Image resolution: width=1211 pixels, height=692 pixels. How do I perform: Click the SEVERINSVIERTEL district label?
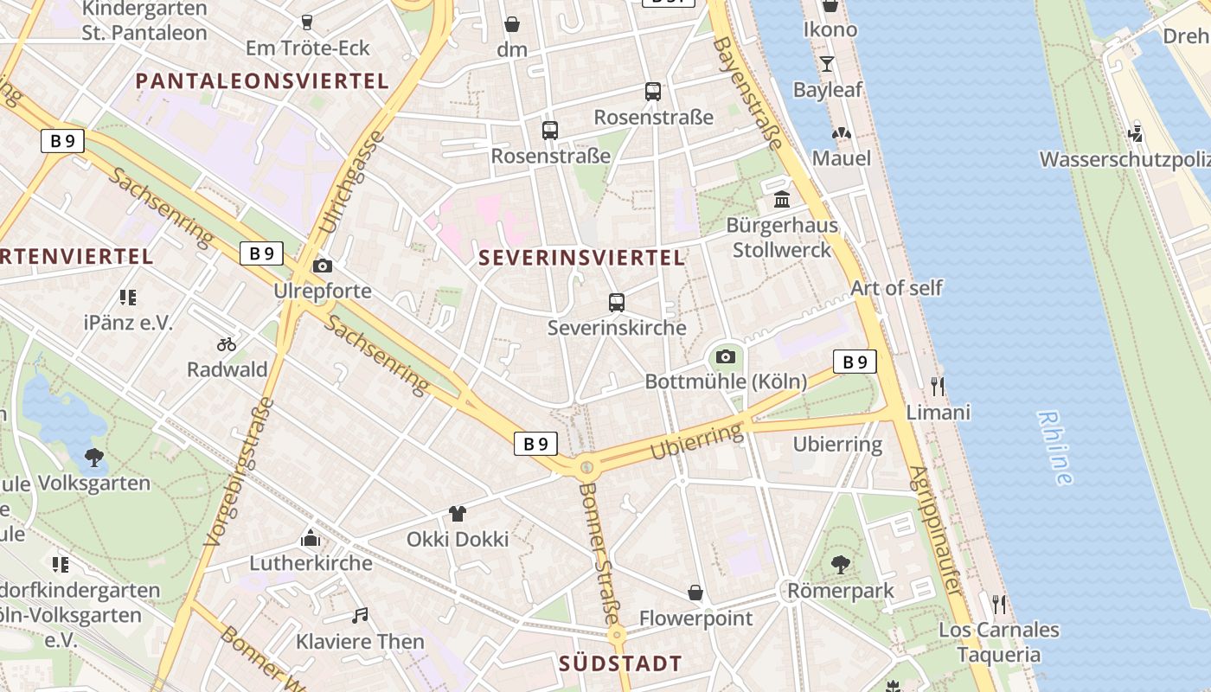(x=581, y=258)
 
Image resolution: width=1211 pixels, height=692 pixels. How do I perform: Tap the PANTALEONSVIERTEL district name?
(x=262, y=81)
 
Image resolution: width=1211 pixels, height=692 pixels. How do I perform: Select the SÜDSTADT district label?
(x=620, y=663)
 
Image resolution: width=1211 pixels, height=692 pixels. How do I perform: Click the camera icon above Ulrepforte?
(x=323, y=266)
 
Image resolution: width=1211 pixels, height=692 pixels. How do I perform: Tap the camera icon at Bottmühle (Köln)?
(x=726, y=356)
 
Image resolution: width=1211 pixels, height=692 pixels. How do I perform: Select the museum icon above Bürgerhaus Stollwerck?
(x=782, y=200)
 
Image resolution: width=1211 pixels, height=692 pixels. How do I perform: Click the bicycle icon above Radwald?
(x=227, y=344)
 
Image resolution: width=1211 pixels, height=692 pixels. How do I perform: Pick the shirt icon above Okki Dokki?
(x=458, y=514)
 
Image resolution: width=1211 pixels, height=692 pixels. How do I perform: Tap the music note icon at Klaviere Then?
(x=360, y=616)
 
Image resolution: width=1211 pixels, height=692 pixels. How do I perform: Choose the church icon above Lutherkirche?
(x=311, y=538)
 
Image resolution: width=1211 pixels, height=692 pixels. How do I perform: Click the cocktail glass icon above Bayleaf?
(x=827, y=64)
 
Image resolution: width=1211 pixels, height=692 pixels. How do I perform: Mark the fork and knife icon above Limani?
(x=938, y=386)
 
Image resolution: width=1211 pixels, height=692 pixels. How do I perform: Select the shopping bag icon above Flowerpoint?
(x=695, y=593)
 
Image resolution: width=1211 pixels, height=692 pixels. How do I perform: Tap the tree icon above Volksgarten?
(x=94, y=458)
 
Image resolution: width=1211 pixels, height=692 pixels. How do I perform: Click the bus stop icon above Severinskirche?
(x=617, y=303)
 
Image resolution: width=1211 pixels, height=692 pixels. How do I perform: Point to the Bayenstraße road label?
(x=748, y=94)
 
